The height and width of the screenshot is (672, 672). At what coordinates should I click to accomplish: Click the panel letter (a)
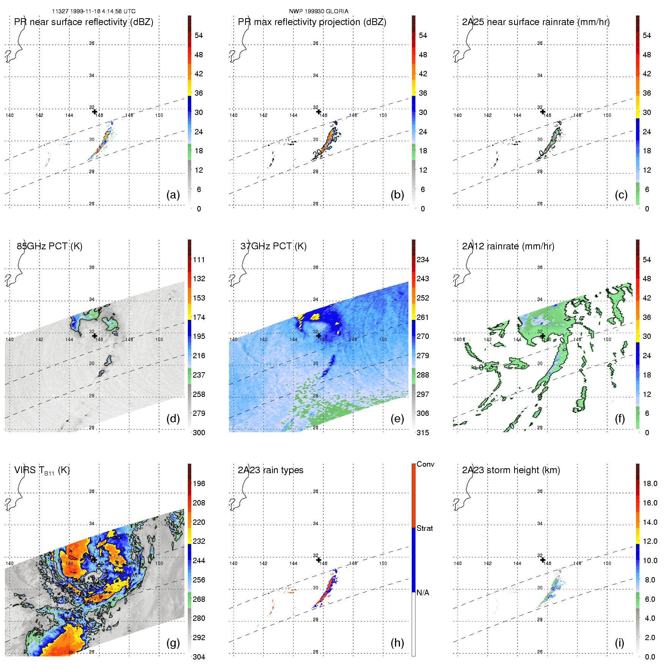click(x=173, y=195)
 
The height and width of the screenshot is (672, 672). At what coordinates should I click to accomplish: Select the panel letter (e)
click(x=397, y=419)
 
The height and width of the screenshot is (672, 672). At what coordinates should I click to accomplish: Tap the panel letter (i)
click(x=619, y=643)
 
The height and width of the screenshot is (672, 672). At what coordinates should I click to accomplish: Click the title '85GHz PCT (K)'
click(x=49, y=246)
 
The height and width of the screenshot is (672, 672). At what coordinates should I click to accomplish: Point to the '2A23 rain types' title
click(x=271, y=470)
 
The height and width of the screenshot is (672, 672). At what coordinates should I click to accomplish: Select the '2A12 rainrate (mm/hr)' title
click(x=508, y=246)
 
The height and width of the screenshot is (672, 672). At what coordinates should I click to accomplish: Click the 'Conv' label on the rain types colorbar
click(x=425, y=464)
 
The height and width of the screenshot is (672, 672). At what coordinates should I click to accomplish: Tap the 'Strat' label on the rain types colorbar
click(x=425, y=528)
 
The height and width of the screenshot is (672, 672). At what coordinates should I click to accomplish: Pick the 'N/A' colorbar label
click(x=423, y=593)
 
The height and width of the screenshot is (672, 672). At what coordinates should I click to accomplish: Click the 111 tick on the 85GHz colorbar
click(x=199, y=260)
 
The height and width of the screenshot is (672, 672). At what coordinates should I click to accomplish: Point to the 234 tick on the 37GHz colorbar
click(x=423, y=260)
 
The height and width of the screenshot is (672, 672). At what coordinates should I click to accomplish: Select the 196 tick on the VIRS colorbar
click(x=199, y=484)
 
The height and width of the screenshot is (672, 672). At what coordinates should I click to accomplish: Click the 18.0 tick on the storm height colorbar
click(x=650, y=484)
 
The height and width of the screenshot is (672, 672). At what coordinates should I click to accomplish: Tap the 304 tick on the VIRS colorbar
click(x=199, y=657)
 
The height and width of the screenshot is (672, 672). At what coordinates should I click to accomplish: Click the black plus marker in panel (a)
click(x=94, y=112)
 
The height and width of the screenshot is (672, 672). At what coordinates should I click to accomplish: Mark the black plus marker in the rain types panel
click(x=319, y=560)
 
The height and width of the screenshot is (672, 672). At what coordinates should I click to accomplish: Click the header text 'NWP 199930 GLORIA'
click(x=319, y=11)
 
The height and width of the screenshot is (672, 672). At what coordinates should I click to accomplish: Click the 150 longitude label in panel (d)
click(x=159, y=340)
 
